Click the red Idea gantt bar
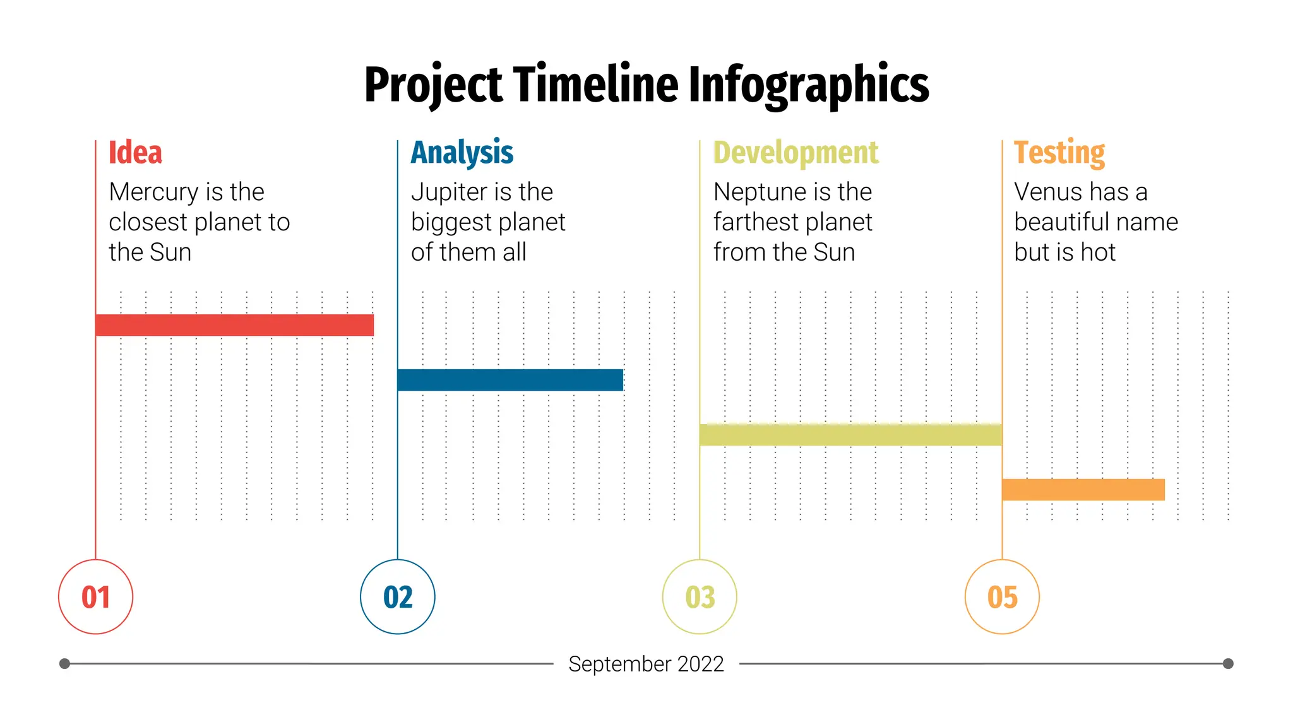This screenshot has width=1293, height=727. pos(234,325)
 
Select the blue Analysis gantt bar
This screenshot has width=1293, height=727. pos(510,380)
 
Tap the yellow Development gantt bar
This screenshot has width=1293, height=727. pos(850,435)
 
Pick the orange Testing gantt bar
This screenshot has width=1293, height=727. pos(1083,490)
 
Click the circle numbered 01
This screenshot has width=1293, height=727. pos(95,597)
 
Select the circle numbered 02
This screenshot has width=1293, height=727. pos(398,597)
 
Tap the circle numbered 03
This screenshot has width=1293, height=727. pos(700,597)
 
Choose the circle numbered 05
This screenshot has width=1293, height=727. pos(1002,597)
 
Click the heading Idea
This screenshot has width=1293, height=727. pos(135,153)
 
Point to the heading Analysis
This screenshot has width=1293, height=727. pos(462,153)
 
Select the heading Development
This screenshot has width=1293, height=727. pos(795,153)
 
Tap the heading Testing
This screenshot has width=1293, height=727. pos(1059,153)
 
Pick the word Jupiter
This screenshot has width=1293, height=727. pos(450,192)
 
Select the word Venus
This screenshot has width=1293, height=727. pos(1048,192)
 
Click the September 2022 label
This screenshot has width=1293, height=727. pos(646,664)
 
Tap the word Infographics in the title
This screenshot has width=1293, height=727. pos(808,85)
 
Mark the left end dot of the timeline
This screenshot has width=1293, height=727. pos(64,663)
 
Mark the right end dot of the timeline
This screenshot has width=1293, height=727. pos(1228,663)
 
